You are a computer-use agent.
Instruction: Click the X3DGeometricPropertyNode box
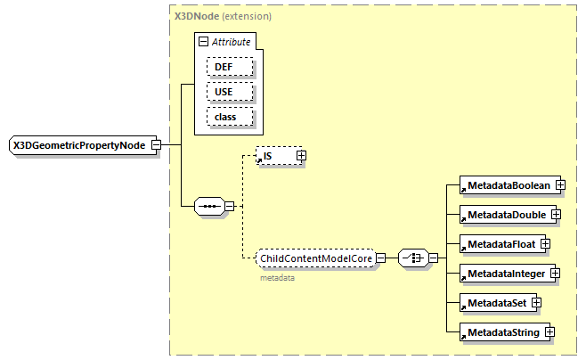(x=78, y=145)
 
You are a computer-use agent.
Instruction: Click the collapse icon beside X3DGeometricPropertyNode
(x=156, y=145)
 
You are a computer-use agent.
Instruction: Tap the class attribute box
(x=230, y=117)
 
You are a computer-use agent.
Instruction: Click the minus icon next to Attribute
(x=204, y=42)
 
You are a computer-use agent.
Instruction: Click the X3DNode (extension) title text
(x=223, y=16)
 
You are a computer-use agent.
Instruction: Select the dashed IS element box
(x=275, y=156)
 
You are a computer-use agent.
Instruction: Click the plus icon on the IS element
(x=300, y=156)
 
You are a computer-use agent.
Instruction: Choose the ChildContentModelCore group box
(x=313, y=258)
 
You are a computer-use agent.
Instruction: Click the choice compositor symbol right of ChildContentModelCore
(x=412, y=258)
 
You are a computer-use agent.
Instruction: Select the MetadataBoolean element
(x=505, y=184)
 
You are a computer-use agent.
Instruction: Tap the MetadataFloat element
(x=498, y=243)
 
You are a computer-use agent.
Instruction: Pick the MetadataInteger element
(x=503, y=273)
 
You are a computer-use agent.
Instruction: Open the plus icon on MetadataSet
(x=537, y=302)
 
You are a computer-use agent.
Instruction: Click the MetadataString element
(x=501, y=332)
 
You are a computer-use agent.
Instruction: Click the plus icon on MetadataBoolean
(x=560, y=184)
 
